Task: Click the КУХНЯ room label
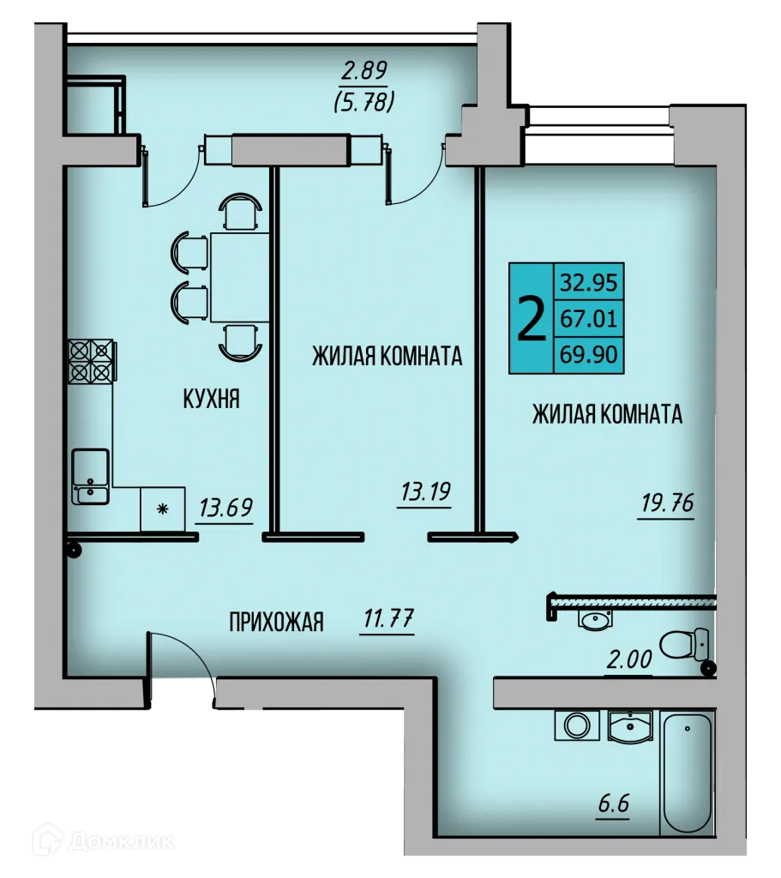click(x=210, y=399)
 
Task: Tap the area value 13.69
click(x=225, y=508)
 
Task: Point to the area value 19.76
click(x=666, y=502)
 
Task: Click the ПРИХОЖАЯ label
click(x=276, y=622)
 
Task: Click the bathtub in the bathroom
click(x=687, y=772)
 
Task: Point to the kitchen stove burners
click(x=90, y=361)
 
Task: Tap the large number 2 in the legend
click(x=532, y=319)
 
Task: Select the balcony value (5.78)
click(x=363, y=103)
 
